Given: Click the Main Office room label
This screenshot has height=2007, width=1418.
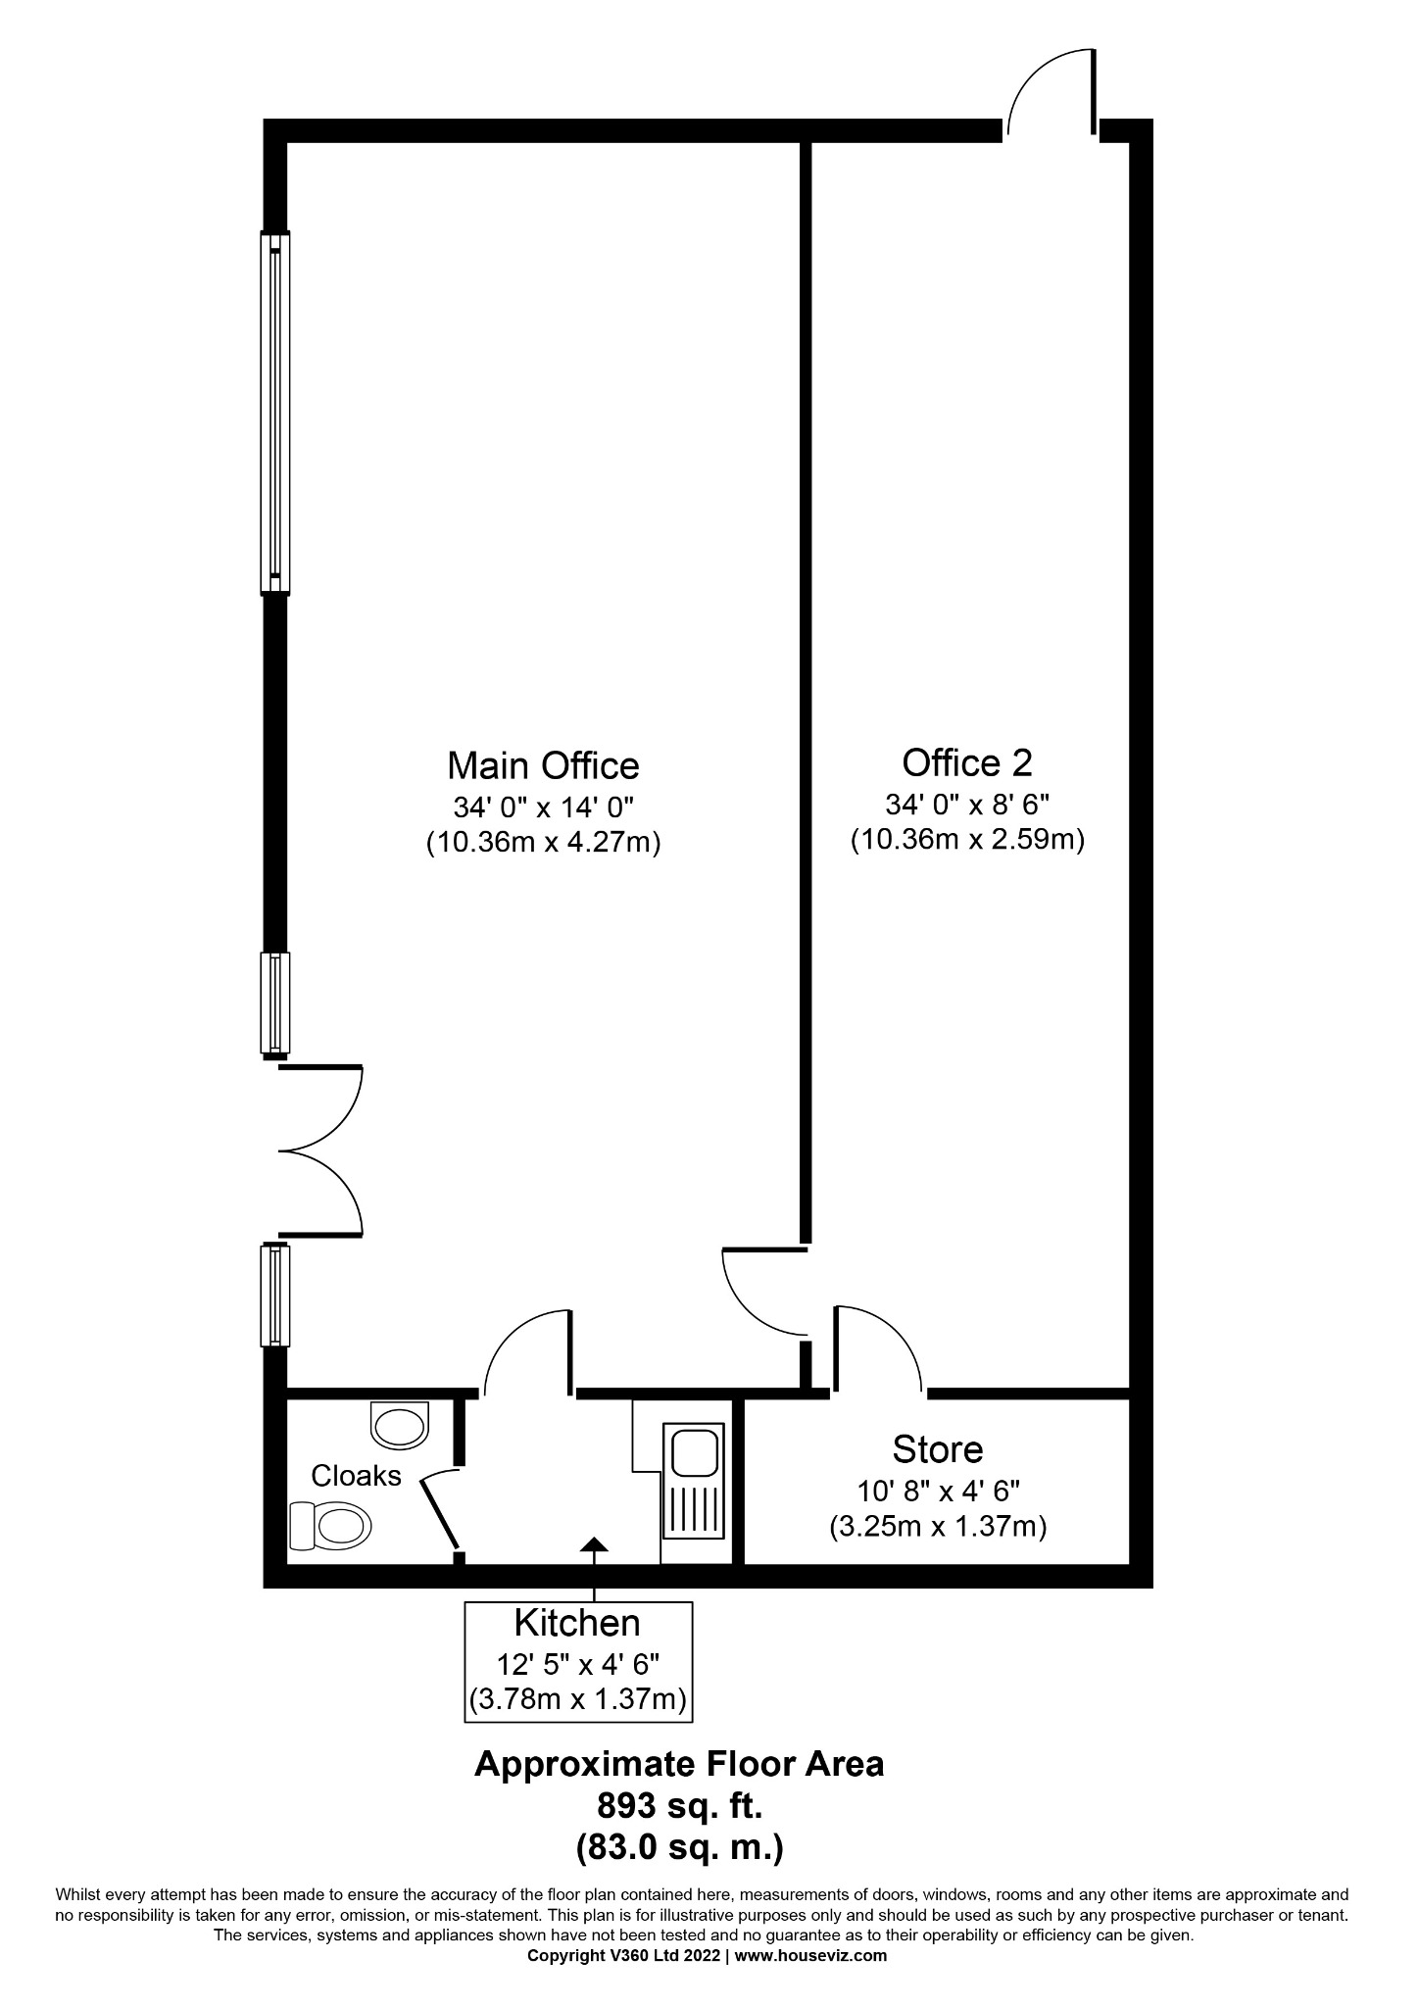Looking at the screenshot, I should click(x=543, y=764).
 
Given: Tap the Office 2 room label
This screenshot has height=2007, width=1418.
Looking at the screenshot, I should click(x=966, y=761).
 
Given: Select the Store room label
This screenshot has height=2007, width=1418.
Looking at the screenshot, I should click(x=938, y=1448).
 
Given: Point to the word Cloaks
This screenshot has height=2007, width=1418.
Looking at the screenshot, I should click(x=356, y=1475).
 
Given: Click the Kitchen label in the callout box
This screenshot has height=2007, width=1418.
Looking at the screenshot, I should click(x=577, y=1623).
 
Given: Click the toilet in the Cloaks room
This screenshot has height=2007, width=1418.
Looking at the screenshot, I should click(x=329, y=1526).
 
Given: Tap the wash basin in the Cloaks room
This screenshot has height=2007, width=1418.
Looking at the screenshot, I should click(x=400, y=1424).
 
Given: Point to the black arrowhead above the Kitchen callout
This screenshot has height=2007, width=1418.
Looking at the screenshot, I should click(x=594, y=1545).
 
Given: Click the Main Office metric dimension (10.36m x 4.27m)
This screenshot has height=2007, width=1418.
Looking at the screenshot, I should click(x=543, y=842).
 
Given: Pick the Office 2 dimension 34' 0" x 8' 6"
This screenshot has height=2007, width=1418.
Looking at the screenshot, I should click(x=966, y=805).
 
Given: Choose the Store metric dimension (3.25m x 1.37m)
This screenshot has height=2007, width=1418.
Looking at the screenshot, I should click(x=938, y=1526).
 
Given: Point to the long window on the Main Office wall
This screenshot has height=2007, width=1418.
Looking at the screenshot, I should click(x=275, y=412).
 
